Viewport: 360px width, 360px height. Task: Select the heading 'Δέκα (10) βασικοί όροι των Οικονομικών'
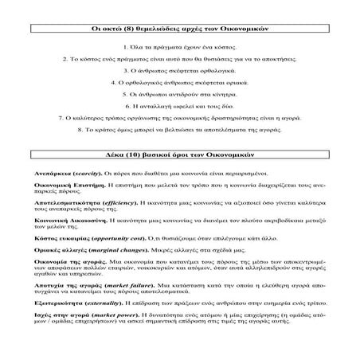click(x=180, y=152)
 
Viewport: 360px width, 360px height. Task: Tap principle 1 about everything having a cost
click(x=180, y=49)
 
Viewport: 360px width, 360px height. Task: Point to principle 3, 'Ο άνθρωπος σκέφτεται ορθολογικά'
click(x=180, y=71)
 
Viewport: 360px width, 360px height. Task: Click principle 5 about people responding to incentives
click(x=180, y=94)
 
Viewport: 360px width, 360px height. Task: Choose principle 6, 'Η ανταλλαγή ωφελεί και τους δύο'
click(x=180, y=105)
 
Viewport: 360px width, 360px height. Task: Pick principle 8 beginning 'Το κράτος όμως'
click(x=180, y=128)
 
